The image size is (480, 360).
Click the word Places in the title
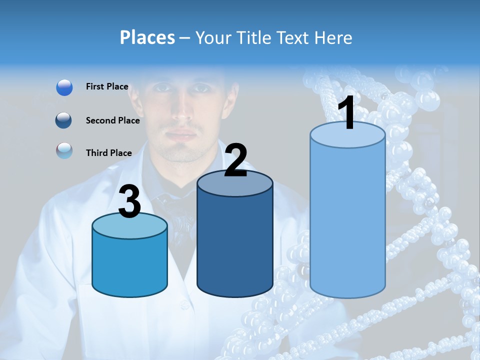coord(147,37)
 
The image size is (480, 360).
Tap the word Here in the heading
coord(334,37)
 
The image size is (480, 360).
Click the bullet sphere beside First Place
coord(64,87)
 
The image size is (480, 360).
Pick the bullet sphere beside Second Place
coord(64,120)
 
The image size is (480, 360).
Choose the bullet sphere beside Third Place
coord(64,151)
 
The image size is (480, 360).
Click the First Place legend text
coord(107,86)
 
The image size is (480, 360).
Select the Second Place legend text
coord(112,120)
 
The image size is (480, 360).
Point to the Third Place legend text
coord(108,153)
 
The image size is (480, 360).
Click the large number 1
coord(346,113)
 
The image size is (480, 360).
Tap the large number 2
coord(235,160)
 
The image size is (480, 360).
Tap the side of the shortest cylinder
coord(129,265)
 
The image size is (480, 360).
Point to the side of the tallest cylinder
coord(347,220)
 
